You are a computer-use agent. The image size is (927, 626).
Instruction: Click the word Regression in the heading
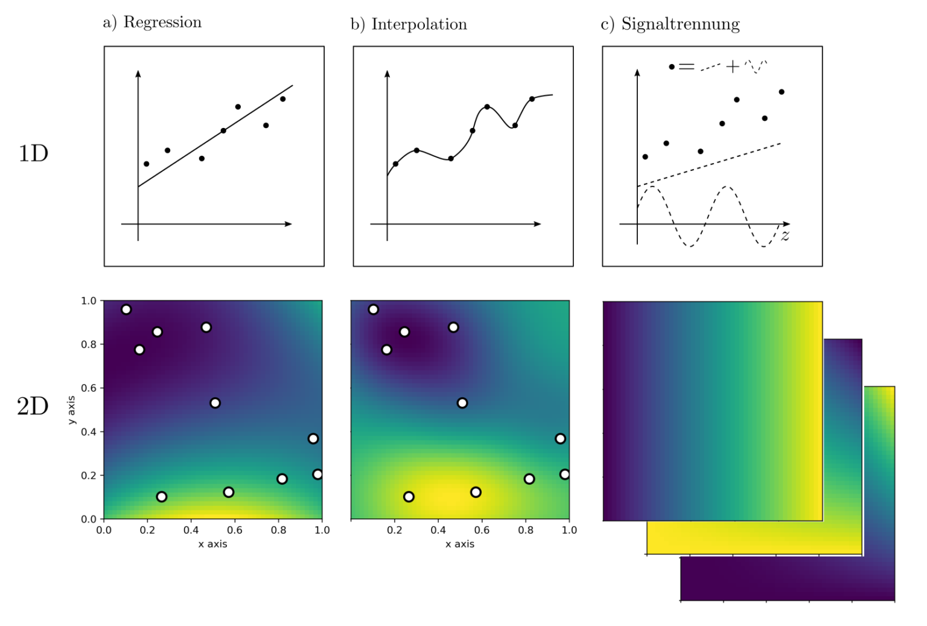(x=162, y=23)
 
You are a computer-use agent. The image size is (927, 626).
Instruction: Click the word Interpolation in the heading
(x=419, y=25)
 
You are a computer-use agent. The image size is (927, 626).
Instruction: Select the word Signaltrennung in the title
(x=680, y=25)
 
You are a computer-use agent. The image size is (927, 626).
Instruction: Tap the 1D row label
(x=33, y=154)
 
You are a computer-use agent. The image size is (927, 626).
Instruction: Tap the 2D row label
(x=33, y=407)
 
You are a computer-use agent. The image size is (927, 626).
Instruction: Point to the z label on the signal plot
(x=785, y=236)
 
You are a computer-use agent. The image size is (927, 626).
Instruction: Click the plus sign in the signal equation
(x=732, y=66)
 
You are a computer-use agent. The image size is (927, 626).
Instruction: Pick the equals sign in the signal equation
(x=687, y=67)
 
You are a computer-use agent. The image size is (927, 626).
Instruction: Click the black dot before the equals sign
(x=672, y=67)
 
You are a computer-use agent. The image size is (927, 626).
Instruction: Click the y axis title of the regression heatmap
(x=72, y=410)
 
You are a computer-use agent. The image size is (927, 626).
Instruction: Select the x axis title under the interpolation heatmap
(x=460, y=544)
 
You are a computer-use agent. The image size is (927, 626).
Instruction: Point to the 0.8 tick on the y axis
(x=89, y=345)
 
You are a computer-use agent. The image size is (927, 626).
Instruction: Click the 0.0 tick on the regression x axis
(x=104, y=530)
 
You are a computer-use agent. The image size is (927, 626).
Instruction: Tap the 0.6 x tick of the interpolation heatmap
(x=482, y=530)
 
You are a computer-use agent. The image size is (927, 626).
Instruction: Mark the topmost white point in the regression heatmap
(x=126, y=310)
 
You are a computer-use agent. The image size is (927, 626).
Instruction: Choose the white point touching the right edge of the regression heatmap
(x=317, y=474)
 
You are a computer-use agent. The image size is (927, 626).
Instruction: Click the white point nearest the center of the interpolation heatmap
(x=462, y=403)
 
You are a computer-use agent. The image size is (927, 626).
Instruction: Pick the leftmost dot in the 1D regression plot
(x=146, y=164)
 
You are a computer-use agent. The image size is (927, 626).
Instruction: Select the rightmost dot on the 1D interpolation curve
(x=532, y=99)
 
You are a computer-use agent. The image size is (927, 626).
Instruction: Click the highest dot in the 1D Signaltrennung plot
(x=782, y=92)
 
